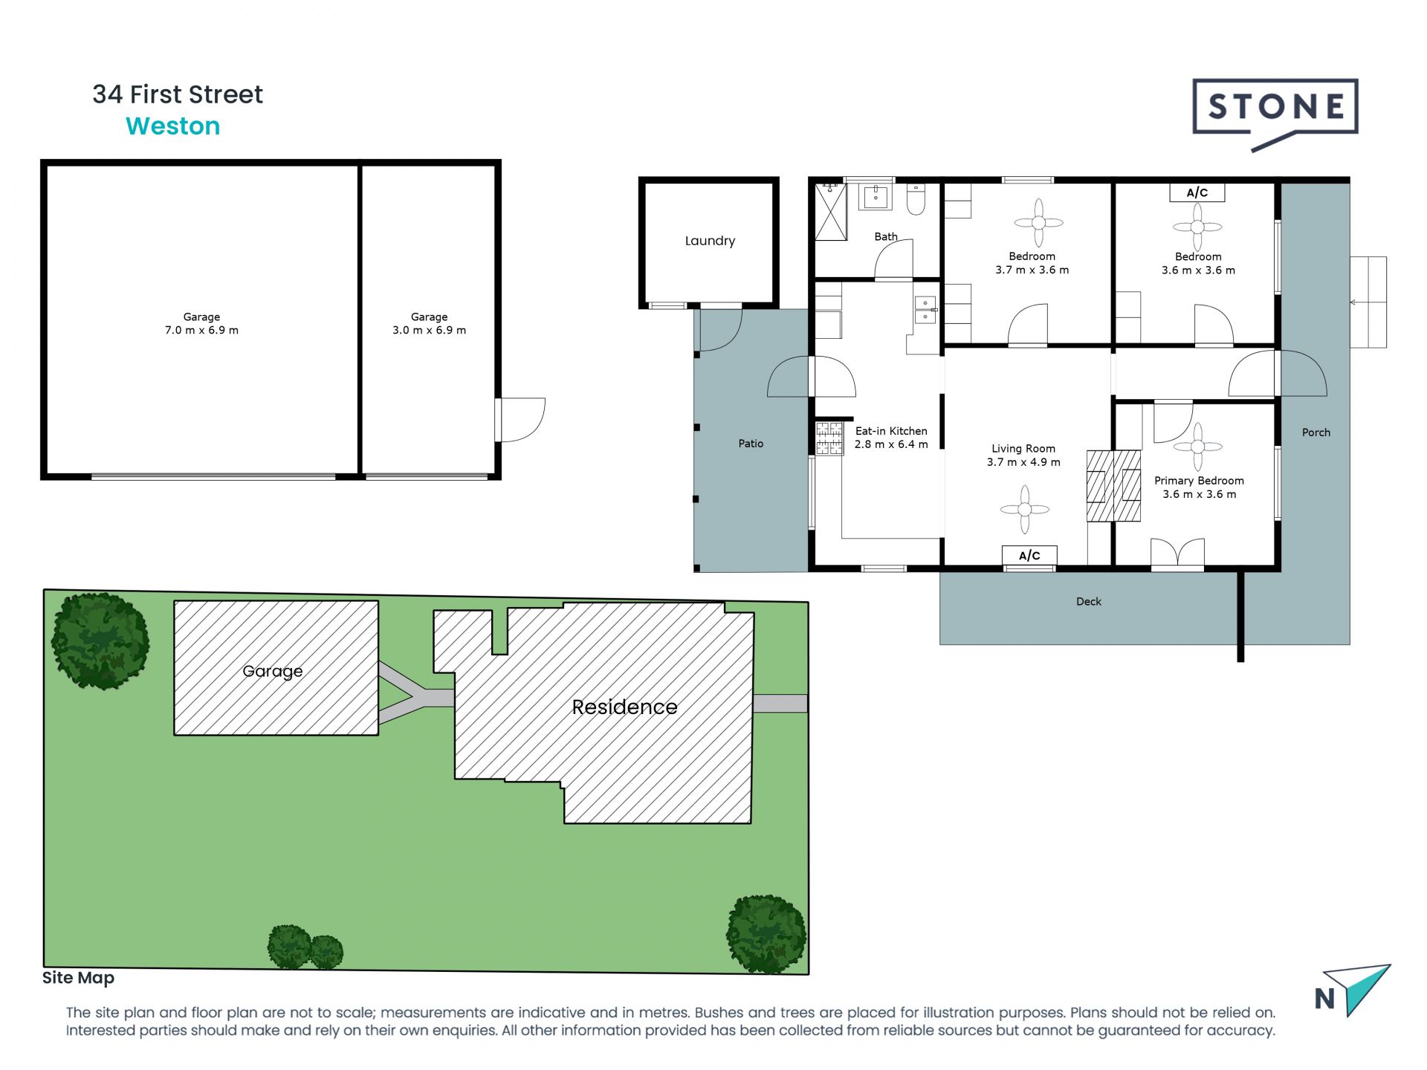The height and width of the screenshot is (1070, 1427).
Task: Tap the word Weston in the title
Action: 172,126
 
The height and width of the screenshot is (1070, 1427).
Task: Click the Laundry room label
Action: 710,241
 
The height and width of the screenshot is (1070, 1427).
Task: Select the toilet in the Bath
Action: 916,199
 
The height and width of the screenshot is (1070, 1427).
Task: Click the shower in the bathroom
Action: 831,213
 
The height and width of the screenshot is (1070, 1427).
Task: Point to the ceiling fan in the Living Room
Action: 1025,509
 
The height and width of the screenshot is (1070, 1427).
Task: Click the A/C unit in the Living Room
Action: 1029,556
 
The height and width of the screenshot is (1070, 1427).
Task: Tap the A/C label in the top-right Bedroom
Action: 1197,192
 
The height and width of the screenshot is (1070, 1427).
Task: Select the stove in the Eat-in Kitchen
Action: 829,438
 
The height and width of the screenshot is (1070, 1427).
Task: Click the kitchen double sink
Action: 925,310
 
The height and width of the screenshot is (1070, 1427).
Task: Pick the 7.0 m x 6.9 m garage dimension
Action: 201,331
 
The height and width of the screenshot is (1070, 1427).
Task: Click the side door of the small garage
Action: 520,420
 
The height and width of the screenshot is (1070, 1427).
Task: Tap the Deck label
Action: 1088,602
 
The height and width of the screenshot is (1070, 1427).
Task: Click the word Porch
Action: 1316,432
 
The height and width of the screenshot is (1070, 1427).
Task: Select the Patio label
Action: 751,444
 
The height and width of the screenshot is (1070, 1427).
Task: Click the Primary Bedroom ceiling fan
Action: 1197,447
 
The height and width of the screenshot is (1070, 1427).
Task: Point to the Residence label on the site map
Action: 624,707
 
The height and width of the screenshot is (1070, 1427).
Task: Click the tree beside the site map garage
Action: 100,641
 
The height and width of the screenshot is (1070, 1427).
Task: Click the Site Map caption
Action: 78,978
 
